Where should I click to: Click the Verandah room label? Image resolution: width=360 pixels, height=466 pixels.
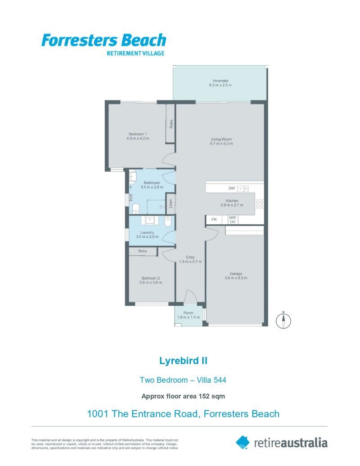(220, 81)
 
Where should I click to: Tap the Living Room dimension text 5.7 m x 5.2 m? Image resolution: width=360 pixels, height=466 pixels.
(221, 144)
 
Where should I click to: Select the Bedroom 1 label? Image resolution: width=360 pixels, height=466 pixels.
(138, 134)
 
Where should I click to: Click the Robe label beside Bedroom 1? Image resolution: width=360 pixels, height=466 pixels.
(171, 124)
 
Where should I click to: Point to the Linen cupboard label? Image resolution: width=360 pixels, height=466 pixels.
(171, 203)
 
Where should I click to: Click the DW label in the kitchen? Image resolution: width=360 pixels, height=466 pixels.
(232, 188)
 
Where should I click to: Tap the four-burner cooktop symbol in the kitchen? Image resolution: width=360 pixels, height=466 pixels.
(259, 204)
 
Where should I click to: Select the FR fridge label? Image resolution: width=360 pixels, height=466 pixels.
(214, 220)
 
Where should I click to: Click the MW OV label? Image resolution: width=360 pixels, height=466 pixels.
(233, 220)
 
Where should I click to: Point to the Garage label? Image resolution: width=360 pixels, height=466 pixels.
(236, 274)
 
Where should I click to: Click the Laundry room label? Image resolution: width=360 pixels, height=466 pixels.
(147, 232)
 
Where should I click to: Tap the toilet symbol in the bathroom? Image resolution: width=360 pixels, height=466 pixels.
(136, 208)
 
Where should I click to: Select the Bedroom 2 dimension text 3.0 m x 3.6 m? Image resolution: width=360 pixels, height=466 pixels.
(151, 282)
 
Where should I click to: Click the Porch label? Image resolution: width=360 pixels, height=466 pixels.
(188, 313)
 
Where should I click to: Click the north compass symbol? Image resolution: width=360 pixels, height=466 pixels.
(283, 321)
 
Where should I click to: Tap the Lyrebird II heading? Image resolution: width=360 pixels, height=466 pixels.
(183, 361)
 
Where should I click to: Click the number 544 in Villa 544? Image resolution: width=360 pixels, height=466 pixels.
(220, 380)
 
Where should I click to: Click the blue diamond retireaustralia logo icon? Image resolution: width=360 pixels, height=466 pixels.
(243, 442)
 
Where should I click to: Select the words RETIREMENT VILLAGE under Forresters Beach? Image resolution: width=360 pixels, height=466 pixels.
(135, 54)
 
